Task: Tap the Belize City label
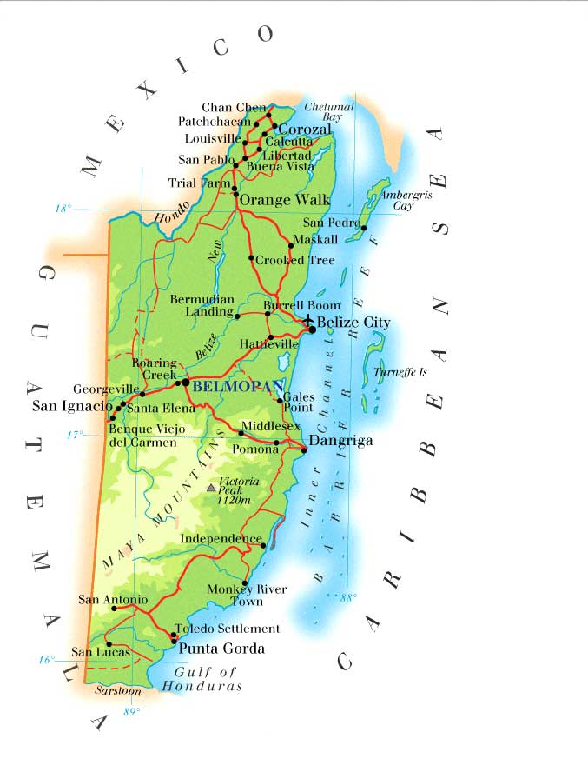353,323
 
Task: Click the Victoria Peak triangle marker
210,489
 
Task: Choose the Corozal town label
304,129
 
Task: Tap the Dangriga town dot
304,449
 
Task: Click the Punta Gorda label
221,649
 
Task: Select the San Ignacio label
72,405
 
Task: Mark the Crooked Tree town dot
251,257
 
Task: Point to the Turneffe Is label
400,372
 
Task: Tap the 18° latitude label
63,209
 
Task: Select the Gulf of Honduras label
207,679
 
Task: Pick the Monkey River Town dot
245,583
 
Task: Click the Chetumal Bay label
329,112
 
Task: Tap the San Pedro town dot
364,228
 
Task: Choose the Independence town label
221,539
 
